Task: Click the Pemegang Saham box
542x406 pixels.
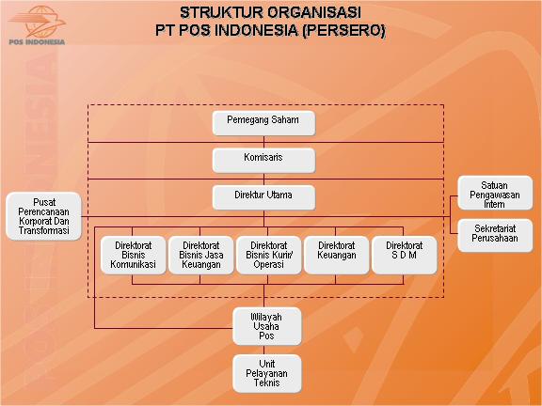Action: (x=263, y=123)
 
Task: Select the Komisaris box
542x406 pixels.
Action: (x=263, y=160)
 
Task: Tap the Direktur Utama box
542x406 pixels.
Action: (x=263, y=196)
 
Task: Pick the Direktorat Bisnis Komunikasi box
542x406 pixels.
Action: (x=134, y=254)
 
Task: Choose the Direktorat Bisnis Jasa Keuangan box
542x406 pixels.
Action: (x=201, y=254)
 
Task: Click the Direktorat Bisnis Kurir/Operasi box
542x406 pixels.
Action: (x=269, y=254)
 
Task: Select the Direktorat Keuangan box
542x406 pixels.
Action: (x=336, y=254)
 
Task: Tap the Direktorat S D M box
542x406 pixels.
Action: (x=404, y=254)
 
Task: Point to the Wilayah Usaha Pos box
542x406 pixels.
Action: (x=267, y=325)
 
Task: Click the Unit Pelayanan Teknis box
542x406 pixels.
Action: (x=267, y=372)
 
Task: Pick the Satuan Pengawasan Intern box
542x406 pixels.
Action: (x=495, y=193)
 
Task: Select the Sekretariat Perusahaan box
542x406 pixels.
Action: (x=495, y=235)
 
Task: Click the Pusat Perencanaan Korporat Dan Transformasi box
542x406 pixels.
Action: (x=43, y=216)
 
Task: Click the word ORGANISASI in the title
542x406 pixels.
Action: (x=318, y=14)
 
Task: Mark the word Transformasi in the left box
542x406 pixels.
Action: (x=43, y=230)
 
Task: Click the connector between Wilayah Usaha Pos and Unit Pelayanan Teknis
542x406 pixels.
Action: (x=267, y=349)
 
